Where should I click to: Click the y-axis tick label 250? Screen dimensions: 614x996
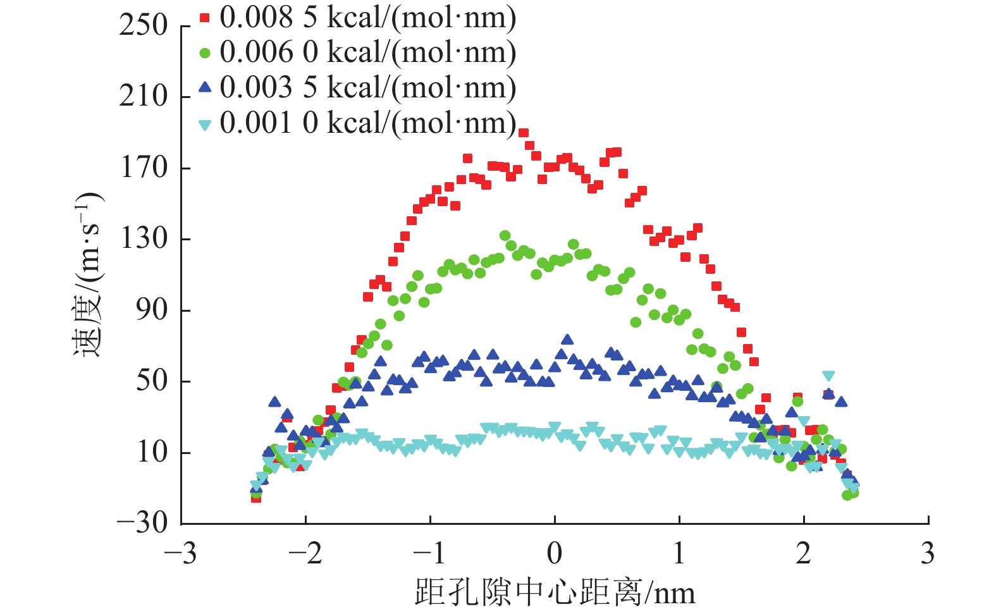144,26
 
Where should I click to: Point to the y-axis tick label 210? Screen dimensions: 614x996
144,97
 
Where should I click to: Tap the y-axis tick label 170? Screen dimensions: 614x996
144,168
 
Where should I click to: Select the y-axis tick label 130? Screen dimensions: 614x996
144,239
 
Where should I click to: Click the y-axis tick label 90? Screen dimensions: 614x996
152,310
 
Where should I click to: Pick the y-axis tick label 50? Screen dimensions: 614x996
152,381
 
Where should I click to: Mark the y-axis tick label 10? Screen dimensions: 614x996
152,453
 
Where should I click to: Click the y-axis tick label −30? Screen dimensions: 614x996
142,523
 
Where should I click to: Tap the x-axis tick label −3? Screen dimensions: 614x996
180,554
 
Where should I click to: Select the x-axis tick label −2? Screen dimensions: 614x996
305,554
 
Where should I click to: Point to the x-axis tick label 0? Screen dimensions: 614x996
555,554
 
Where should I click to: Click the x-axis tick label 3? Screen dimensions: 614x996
928,554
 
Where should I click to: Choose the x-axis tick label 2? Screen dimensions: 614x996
803,554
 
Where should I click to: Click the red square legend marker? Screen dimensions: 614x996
204,18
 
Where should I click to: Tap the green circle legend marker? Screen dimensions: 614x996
204,54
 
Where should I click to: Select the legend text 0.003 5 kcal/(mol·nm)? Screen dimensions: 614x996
367,88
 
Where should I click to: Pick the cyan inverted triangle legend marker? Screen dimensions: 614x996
204,125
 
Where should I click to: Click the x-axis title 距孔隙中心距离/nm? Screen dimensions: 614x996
555,593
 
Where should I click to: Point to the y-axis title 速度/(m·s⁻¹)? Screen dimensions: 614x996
88,274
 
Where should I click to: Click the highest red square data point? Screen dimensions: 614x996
524,133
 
